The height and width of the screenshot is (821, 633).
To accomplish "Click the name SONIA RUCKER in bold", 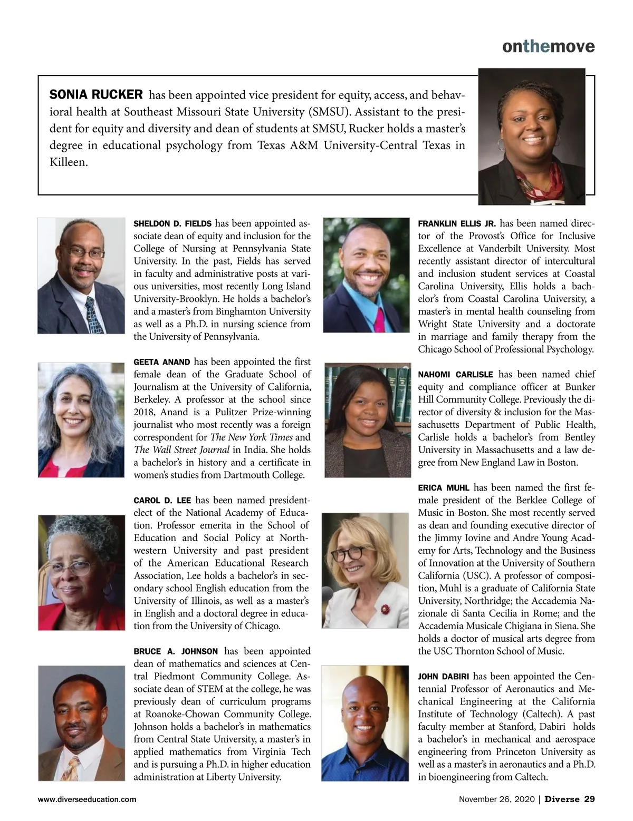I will coord(95,95).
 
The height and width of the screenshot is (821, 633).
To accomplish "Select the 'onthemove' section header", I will coord(548,46).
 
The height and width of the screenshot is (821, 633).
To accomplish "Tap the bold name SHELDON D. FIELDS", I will coord(172,223).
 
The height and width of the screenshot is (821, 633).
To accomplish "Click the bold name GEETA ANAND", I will coord(161,362).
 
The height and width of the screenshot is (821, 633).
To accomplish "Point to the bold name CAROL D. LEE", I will coord(162,500).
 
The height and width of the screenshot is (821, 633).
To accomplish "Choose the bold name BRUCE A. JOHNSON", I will coord(176,651).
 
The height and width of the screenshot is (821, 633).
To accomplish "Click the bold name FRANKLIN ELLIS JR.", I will coord(456,223).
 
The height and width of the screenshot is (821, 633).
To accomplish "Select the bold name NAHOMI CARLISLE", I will coord(455,375).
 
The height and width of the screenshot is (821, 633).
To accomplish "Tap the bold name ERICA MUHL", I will coord(443,487).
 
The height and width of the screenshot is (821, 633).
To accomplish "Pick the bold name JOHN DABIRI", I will coord(443,677).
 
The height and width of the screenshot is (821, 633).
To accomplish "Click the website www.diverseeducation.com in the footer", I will coord(87,799).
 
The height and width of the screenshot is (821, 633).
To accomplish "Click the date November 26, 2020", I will coord(496,799).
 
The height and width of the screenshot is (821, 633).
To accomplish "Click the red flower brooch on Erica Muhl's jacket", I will coord(385,609).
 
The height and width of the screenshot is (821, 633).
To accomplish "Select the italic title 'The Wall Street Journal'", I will coord(181,450).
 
